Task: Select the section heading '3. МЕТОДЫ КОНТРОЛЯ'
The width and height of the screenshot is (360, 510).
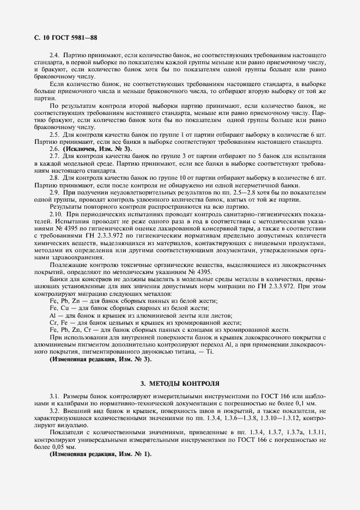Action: (180, 383)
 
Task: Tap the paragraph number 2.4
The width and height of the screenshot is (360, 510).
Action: (55, 56)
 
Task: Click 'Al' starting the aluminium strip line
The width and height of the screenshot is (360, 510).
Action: (53, 315)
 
